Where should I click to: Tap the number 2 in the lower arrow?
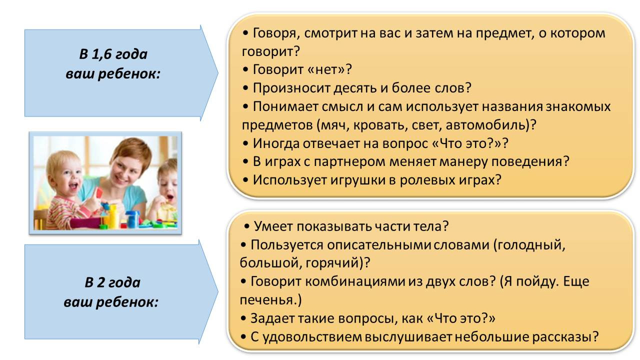coord(101,282)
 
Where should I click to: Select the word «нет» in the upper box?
coord(325,69)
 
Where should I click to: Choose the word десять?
coord(355,88)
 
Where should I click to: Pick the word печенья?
coord(267,300)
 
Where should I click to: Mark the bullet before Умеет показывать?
coord(247,227)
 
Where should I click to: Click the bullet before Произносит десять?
coord(245,88)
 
